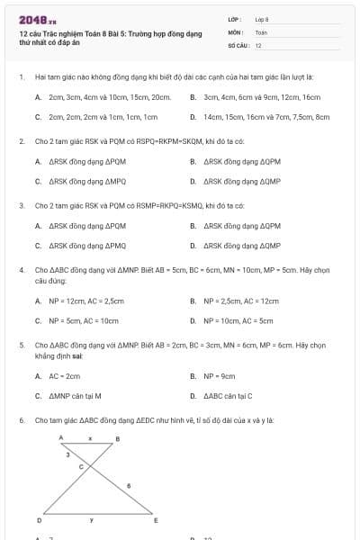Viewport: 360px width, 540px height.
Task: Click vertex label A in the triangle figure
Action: (61, 436)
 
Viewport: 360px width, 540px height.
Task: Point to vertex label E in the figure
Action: (156, 520)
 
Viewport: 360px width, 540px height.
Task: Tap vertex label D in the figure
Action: (39, 520)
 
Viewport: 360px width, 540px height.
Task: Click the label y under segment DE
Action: (91, 519)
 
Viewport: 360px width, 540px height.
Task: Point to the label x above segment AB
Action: (90, 436)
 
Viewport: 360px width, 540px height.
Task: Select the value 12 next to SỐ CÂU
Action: (258, 44)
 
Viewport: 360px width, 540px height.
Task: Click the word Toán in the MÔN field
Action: (261, 31)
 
